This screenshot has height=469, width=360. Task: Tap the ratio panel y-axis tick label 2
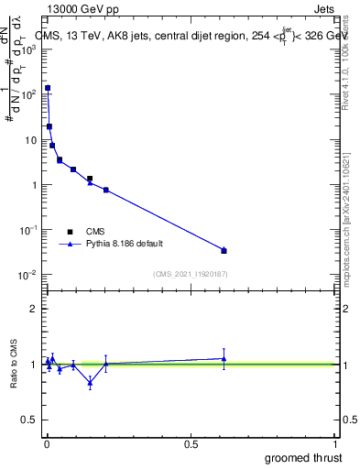click(x=33, y=309)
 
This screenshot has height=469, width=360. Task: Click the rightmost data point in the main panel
click(x=224, y=250)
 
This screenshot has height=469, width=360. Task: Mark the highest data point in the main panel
click(x=48, y=88)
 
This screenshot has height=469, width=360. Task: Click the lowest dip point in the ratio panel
click(x=90, y=383)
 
